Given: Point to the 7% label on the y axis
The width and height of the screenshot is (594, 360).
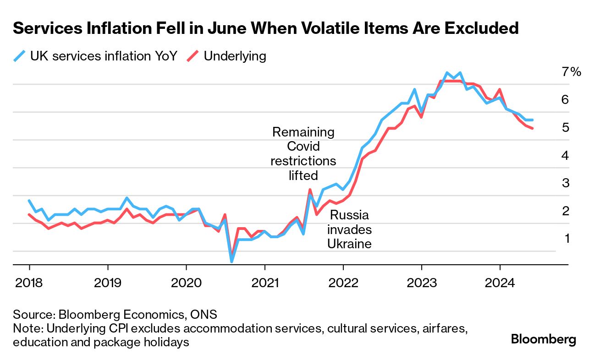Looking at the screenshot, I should (571, 72).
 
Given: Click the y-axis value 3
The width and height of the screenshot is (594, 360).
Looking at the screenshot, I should (565, 183).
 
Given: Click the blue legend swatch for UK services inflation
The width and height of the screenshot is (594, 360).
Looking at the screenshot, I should (20, 56).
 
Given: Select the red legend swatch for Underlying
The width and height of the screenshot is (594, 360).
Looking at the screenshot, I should (193, 56).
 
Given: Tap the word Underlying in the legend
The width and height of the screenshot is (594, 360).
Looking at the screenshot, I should (235, 56).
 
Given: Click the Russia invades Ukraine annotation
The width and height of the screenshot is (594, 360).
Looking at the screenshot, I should (349, 229).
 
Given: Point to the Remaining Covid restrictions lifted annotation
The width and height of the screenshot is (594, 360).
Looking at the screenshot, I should (303, 153).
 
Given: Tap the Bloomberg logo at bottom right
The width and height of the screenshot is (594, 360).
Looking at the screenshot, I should (543, 339).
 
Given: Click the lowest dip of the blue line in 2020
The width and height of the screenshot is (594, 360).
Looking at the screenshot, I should (232, 262).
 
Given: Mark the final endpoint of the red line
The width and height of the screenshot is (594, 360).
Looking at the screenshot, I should (532, 128).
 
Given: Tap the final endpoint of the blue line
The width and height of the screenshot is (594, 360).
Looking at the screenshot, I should (532, 120).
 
